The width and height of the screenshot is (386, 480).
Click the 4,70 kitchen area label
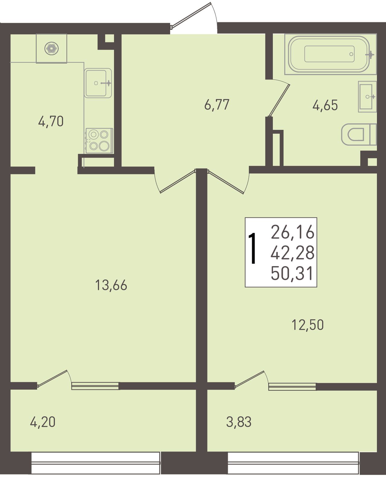(x=51, y=122)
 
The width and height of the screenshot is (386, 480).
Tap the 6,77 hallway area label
(x=217, y=105)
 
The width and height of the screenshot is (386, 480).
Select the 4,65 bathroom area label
(x=325, y=105)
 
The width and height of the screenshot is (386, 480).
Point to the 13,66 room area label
(x=111, y=285)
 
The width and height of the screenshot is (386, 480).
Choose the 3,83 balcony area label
(x=239, y=422)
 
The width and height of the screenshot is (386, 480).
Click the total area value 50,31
(x=292, y=273)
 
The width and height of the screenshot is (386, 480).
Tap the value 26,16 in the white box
(x=293, y=232)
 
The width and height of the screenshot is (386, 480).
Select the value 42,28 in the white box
(x=293, y=253)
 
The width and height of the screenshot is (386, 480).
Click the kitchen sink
(x=98, y=83)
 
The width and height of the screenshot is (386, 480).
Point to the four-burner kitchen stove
(x=99, y=141)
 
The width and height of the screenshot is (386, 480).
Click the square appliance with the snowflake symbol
(x=52, y=48)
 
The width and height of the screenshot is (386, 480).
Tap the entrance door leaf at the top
(x=191, y=15)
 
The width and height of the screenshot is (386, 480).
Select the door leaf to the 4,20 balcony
(x=52, y=378)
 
